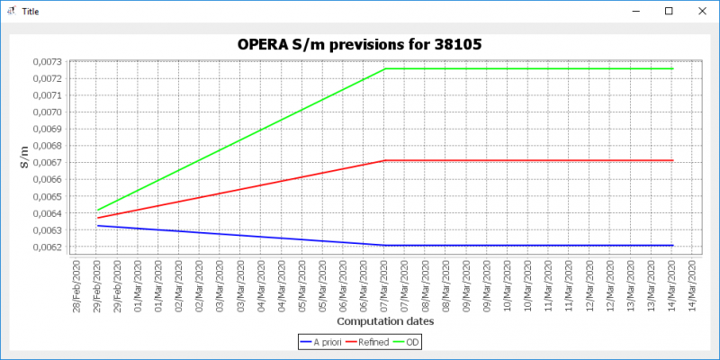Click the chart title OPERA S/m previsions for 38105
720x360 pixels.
pos(359,43)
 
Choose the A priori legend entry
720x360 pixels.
pos(328,342)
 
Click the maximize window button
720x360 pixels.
pos(668,11)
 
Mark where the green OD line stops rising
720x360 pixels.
pos(385,68)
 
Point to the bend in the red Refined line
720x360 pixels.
pos(385,160)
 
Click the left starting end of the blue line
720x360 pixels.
pos(97,226)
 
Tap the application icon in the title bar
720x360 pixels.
pos(11,11)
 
